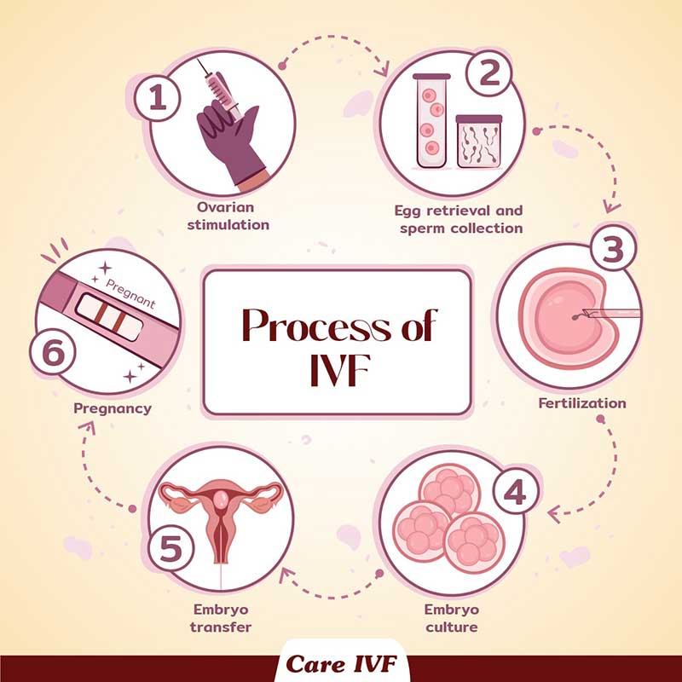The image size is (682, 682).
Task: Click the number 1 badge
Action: pos(157,98)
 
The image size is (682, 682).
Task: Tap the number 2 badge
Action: pos(488,72)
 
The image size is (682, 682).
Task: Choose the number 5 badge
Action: pos(170,547)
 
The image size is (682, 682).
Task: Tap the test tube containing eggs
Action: pos(431,120)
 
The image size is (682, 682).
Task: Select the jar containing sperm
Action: pos(479,142)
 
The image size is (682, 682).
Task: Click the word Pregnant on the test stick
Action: pos(130,293)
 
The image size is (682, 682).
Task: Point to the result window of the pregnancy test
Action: pos(109,317)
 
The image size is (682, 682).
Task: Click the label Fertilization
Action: pos(582,403)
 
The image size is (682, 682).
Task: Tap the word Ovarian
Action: pos(225,207)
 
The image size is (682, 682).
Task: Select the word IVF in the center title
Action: pos(339,371)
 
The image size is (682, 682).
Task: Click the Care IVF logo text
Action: pos(341,664)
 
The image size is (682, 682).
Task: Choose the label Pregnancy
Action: pos(113,409)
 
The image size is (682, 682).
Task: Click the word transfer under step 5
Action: pos(221,627)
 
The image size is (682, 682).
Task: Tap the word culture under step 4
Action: pos(452,627)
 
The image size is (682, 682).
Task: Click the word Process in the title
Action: pos(316,326)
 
